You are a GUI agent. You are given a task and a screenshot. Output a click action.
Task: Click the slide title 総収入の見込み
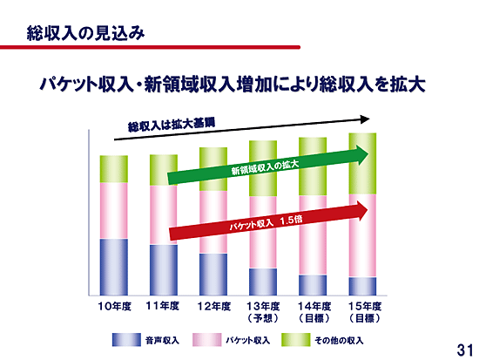point(85,33)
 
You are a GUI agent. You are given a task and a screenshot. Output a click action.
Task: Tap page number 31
point(465,350)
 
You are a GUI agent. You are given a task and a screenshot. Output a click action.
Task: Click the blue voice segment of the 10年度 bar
point(113,267)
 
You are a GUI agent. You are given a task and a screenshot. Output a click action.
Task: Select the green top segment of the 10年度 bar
point(113,169)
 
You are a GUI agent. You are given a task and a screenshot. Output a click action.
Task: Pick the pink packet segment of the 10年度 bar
point(113,211)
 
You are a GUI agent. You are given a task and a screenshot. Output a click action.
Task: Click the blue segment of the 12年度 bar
point(213,275)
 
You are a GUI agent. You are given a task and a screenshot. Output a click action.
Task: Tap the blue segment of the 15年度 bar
point(362,286)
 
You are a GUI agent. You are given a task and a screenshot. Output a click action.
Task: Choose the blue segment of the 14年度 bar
point(313,285)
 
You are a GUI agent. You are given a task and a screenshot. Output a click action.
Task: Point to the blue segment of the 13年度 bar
point(263,282)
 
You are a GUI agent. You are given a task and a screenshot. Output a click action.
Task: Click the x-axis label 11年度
point(163,306)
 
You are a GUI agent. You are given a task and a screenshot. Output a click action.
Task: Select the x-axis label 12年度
point(214,306)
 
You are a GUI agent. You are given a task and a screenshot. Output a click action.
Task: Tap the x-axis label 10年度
point(115,306)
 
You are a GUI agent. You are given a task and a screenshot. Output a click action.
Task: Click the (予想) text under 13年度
point(263,318)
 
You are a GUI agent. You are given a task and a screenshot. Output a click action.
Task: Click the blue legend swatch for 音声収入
point(126,340)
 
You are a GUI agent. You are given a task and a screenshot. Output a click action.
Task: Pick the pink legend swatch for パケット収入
point(206,340)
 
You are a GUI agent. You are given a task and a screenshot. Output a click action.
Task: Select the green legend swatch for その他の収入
point(296,340)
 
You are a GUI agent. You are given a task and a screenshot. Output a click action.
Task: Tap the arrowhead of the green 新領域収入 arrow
point(361,155)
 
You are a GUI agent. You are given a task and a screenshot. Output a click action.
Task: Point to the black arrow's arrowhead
point(365,119)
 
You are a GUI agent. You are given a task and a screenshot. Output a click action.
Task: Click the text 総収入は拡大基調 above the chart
point(172,125)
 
